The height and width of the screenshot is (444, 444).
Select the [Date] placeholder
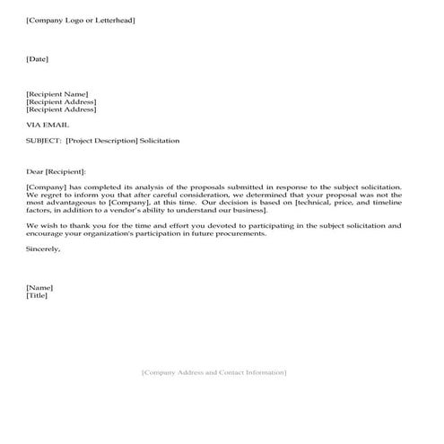click(x=38, y=59)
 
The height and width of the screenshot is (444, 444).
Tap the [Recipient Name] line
click(x=58, y=94)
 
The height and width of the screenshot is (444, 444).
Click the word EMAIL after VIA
click(x=56, y=125)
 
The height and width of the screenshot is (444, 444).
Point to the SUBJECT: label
click(x=43, y=141)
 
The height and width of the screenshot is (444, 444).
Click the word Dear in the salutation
click(x=37, y=171)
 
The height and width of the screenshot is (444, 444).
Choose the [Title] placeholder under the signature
click(x=37, y=295)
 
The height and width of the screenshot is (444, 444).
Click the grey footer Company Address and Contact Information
click(x=214, y=371)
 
